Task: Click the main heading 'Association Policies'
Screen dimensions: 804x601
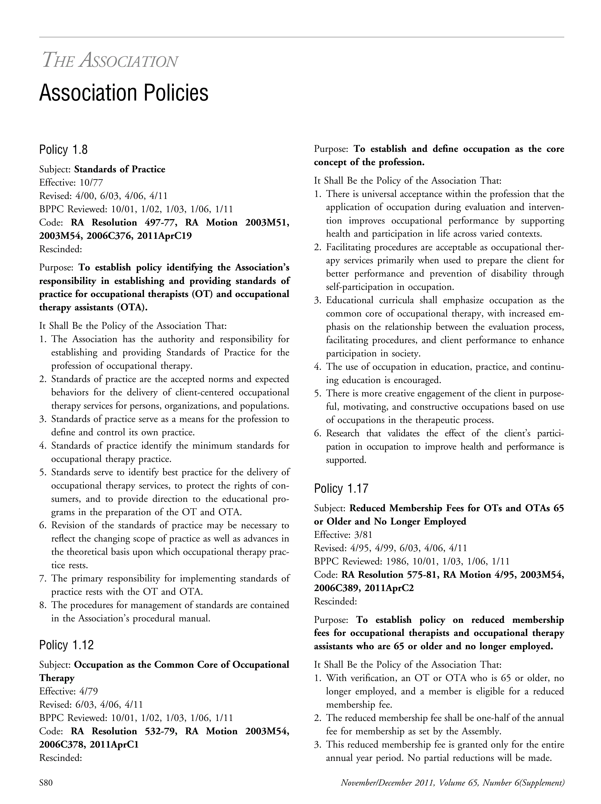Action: click(124, 93)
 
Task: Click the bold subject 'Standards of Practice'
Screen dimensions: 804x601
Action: click(120, 169)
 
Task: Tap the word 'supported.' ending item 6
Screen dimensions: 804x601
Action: click(346, 460)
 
